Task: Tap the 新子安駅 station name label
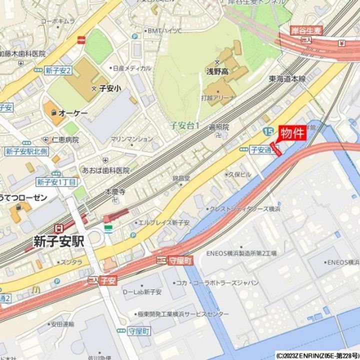click(x=58, y=240)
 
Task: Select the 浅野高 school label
click(x=217, y=71)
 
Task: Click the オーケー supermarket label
click(x=72, y=113)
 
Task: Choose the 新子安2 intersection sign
click(x=58, y=70)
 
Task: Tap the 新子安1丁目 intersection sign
click(x=56, y=182)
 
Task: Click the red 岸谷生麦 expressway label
click(x=307, y=30)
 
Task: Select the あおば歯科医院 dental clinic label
click(x=106, y=170)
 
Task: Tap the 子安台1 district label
click(x=184, y=125)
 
